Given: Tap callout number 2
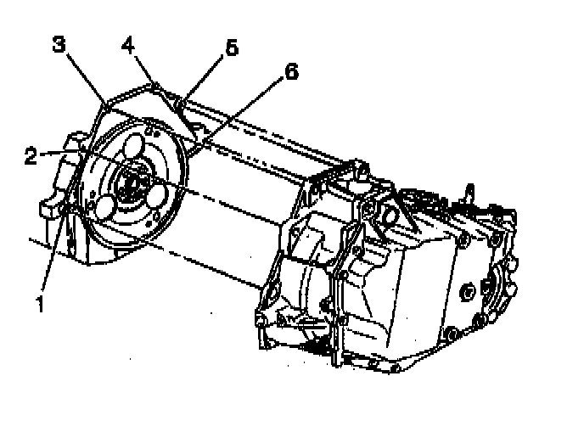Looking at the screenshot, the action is click(31, 156).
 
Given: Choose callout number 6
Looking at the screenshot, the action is click(291, 73).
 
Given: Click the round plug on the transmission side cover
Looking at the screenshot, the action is click(469, 294).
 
